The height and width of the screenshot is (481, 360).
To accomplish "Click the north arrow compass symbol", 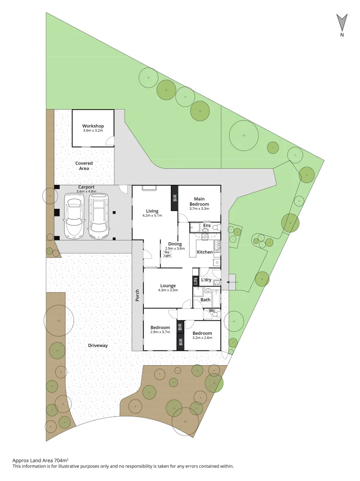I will coord(342,22).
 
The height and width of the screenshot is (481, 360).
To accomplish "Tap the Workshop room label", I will coord(93,126).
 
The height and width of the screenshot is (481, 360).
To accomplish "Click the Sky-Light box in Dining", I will coord(167,253).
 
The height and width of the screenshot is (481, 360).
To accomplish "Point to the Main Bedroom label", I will coord(199,201).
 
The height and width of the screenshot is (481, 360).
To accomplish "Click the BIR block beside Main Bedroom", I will coord(174,198).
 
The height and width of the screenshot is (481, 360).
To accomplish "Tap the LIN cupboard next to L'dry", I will coord(195,281).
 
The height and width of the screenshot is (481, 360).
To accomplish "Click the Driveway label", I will coord(98,345).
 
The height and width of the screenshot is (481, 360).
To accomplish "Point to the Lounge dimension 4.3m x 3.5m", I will coord(168,290).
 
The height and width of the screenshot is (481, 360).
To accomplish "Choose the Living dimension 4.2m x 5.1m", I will coord(153,216).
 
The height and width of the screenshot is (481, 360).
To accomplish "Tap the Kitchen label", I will coord(205,252).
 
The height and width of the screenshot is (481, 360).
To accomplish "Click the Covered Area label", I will coord(84,166).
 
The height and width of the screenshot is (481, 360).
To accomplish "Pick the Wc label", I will coord(212,310).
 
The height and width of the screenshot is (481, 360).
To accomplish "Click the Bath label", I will coord(206,300).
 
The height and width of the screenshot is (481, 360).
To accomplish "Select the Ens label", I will coord(206,226).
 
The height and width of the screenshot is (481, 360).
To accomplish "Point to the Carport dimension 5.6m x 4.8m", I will coord(87,191).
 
